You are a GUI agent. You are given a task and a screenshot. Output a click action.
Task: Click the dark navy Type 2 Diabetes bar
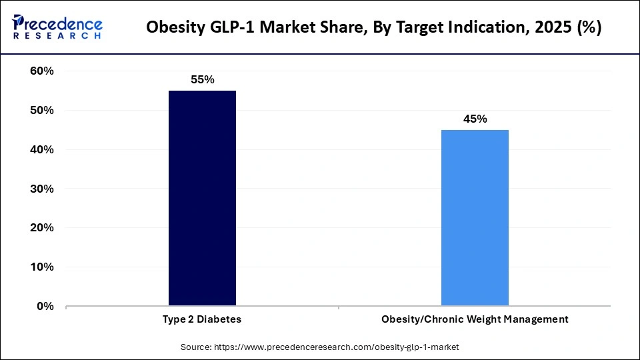coord(202,198)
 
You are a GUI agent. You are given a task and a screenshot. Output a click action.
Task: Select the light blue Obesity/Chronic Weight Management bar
coord(475,217)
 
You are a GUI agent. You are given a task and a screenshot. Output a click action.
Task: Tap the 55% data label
coord(202,80)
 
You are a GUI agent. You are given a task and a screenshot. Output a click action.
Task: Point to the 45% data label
coord(475,119)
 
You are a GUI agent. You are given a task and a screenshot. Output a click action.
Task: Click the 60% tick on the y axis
coord(41,71)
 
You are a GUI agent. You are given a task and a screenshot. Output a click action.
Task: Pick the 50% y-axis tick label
coord(41,111)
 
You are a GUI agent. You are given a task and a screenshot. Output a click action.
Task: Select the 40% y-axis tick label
coord(41,150)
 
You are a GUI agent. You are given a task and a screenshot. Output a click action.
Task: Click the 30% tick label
coord(41,189)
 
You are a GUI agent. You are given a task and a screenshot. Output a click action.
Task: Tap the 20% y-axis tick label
coord(41,228)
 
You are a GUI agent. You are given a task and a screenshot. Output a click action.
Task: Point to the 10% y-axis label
coord(41,267)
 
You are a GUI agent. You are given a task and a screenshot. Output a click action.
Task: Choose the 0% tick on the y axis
coord(45,307)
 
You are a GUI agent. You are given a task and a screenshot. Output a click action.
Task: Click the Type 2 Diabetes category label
coord(202,319)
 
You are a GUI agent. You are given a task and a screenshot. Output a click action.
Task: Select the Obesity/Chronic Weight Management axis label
coord(475,319)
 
